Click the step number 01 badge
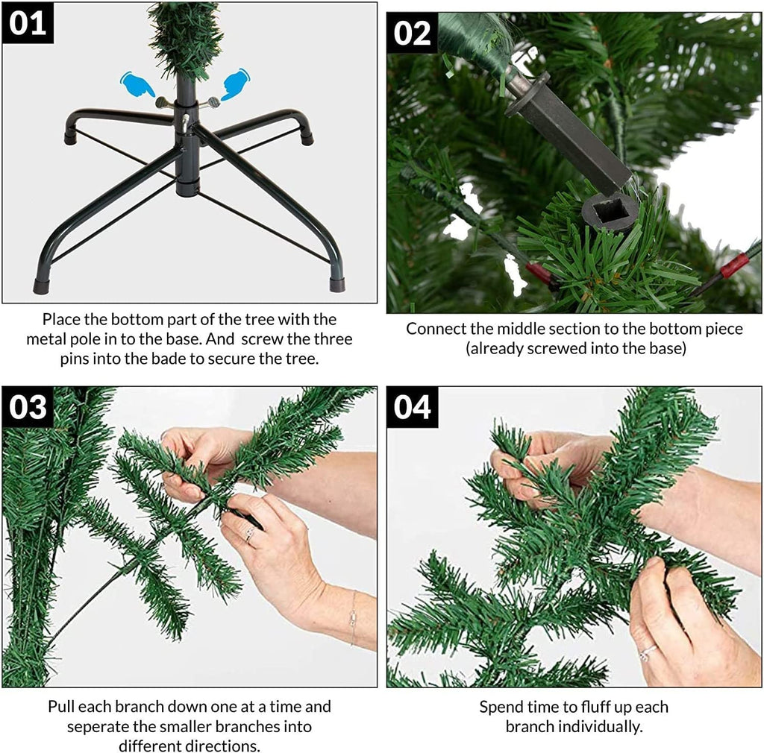[28, 23]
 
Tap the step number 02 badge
[412, 33]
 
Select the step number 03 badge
[28, 407]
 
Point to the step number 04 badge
[412, 407]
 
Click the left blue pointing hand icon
[137, 84]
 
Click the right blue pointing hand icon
[235, 84]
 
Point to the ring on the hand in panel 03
[250, 535]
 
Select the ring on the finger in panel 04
[647, 652]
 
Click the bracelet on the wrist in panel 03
[353, 618]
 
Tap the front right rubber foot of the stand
[337, 284]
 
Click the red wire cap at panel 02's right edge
[735, 265]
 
